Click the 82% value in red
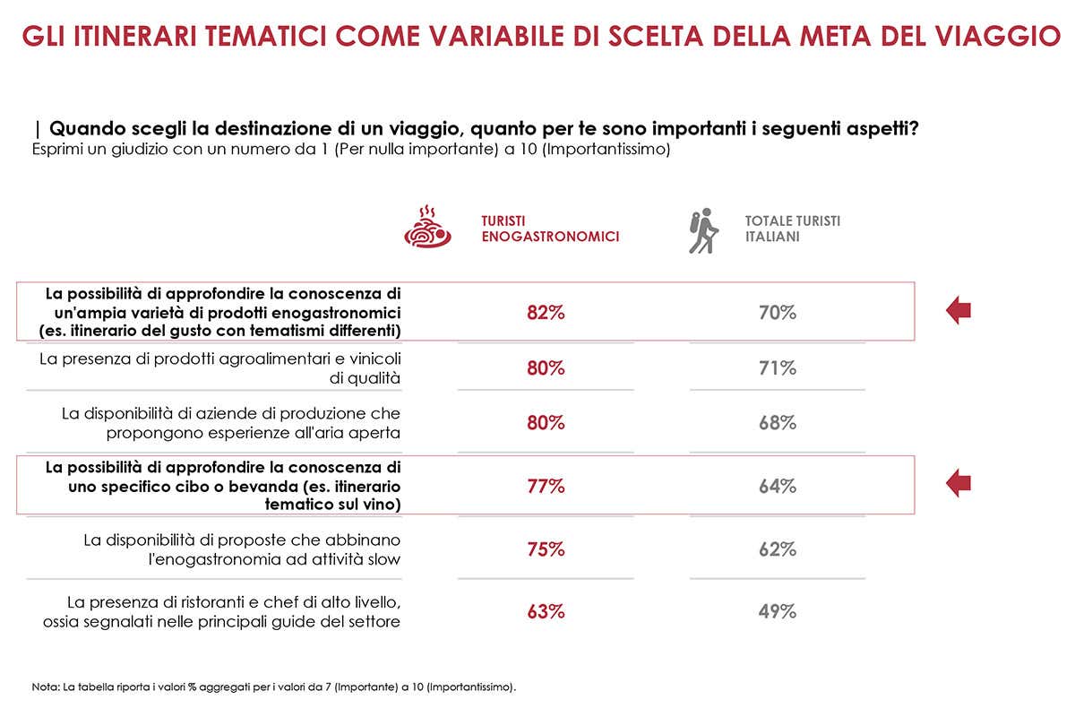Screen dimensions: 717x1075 (546, 313)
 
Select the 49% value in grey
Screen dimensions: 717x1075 (778, 612)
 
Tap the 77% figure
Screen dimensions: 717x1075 (546, 487)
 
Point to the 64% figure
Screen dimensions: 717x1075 (778, 487)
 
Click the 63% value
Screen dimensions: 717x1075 (546, 612)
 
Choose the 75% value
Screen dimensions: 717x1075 (546, 549)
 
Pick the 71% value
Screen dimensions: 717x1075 (778, 367)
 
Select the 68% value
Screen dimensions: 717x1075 (778, 422)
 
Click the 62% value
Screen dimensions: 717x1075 (778, 549)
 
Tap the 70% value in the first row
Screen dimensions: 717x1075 (778, 313)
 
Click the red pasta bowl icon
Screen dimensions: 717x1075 (427, 228)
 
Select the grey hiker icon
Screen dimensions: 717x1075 (703, 230)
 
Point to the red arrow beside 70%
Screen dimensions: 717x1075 (959, 311)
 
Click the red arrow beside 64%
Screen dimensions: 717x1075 (959, 484)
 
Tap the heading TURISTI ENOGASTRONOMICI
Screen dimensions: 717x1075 (549, 229)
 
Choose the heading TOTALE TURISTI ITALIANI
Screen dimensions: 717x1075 (792, 229)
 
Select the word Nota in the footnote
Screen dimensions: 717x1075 (44, 687)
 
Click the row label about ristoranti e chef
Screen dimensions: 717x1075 (222, 612)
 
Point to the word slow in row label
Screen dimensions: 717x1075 (382, 560)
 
